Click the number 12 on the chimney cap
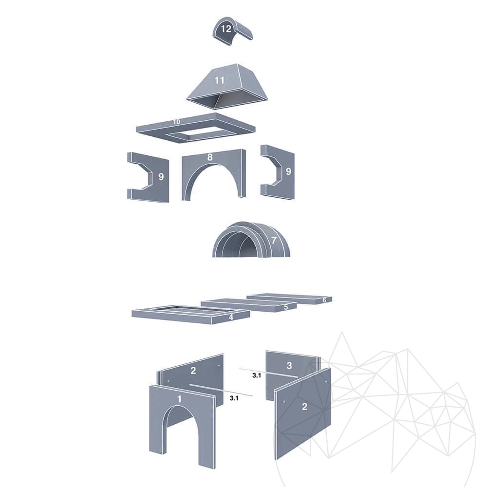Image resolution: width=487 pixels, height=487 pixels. click(226, 29)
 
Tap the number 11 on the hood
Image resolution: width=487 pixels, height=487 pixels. click(219, 80)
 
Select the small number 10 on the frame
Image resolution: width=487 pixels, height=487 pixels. click(176, 122)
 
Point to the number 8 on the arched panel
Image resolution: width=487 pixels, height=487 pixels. click(210, 157)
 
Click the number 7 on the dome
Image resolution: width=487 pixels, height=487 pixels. click(274, 241)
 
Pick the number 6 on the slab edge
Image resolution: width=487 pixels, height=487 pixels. click(324, 300)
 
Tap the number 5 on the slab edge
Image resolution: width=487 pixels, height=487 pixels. click(286, 307)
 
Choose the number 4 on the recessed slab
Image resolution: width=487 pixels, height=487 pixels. click(231, 317)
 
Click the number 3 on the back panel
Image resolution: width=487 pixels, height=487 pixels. click(289, 366)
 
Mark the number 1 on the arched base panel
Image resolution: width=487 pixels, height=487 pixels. click(179, 399)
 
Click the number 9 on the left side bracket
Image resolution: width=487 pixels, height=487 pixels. click(161, 177)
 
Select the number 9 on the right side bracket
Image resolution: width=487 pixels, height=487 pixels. click(288, 171)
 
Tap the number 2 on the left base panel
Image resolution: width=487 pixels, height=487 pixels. click(193, 371)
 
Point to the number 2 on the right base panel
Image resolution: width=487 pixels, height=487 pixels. click(304, 407)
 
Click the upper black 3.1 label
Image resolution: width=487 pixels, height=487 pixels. click(257, 375)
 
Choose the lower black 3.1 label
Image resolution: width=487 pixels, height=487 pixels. click(234, 398)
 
